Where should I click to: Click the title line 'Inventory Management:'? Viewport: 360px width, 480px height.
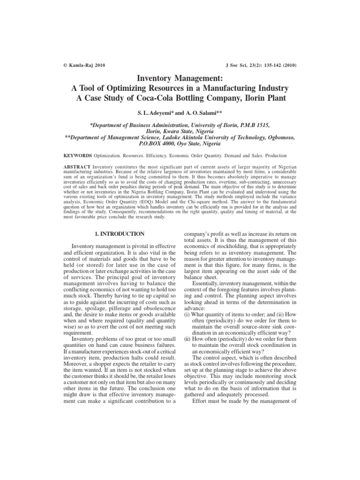(180, 79)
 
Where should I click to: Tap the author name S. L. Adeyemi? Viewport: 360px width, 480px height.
(152, 114)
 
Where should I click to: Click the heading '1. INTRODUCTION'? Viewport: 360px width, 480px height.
(119, 233)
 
